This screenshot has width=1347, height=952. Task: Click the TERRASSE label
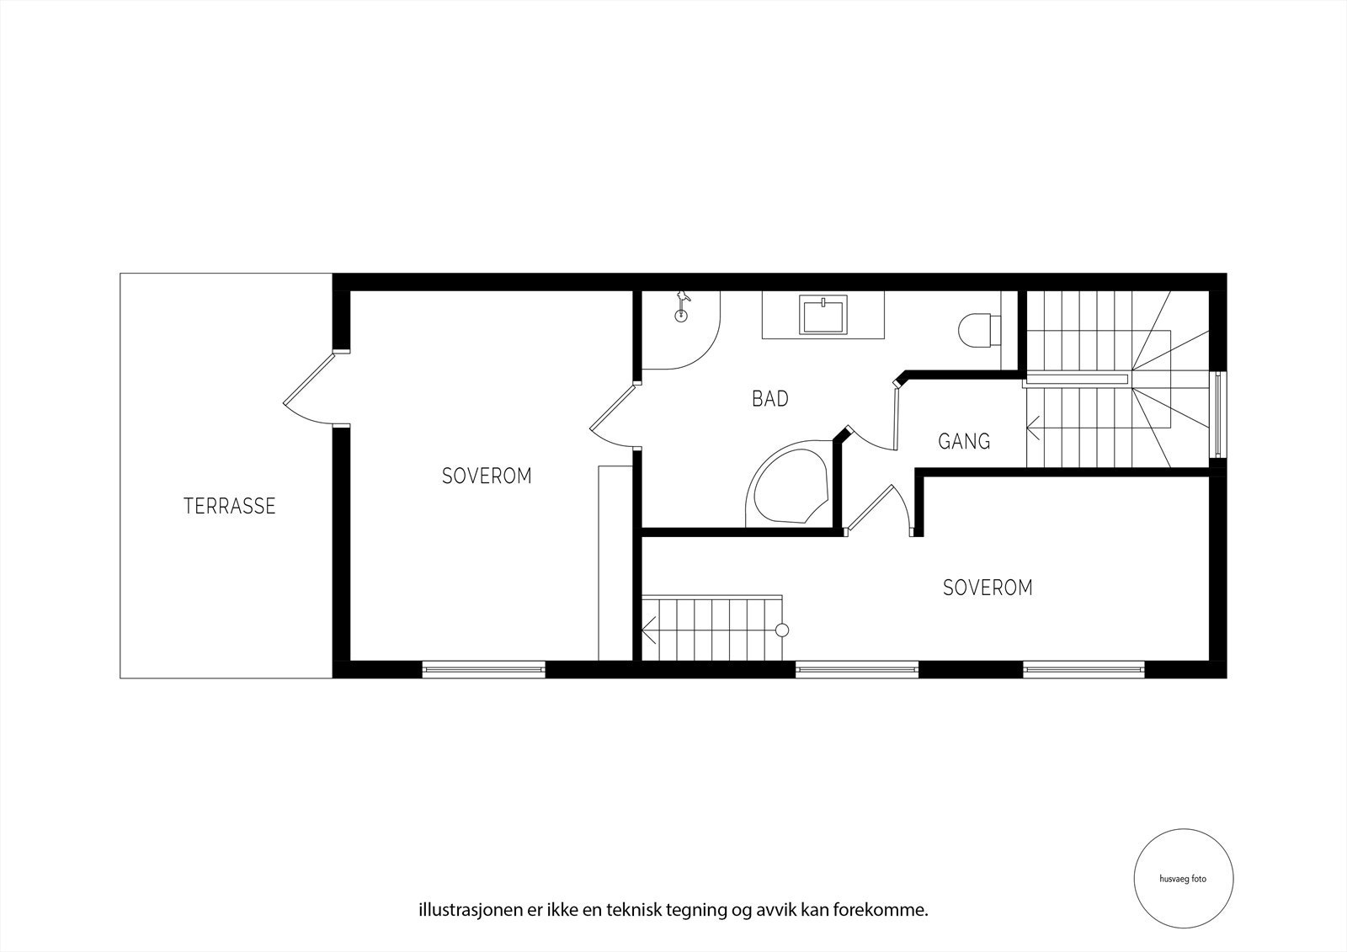tap(229, 506)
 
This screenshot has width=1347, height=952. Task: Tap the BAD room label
tap(769, 399)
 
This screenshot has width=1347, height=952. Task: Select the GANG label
tap(964, 441)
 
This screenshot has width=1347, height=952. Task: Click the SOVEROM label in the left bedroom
tap(487, 476)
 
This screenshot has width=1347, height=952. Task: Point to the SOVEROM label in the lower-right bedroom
tap(988, 588)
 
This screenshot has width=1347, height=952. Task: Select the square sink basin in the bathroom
tap(823, 316)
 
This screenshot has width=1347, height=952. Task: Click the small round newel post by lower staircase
tap(782, 630)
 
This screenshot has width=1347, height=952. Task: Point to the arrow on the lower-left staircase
tap(649, 628)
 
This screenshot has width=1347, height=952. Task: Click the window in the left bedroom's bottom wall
tap(483, 670)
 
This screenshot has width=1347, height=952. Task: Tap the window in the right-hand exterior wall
tap(1217, 414)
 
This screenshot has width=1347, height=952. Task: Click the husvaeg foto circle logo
tap(1183, 878)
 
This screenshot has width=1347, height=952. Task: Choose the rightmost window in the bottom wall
tap(1084, 670)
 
